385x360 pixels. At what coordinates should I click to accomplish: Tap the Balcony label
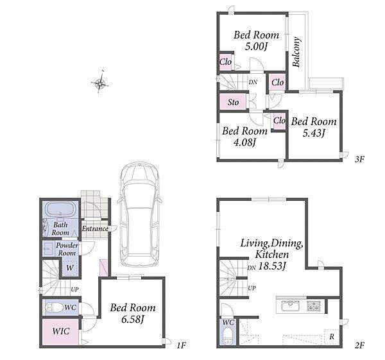point(296,52)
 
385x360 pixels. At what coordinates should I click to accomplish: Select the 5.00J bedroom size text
point(256,46)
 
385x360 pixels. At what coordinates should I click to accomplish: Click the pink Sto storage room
point(232,102)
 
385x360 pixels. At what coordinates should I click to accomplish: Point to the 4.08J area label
point(244,142)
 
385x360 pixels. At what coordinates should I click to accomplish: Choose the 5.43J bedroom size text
point(314,133)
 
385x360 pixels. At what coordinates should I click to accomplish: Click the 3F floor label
point(359,160)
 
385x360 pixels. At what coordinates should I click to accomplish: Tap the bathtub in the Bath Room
point(61,209)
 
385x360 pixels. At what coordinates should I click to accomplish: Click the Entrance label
point(95,228)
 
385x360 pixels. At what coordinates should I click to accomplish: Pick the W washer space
point(70,268)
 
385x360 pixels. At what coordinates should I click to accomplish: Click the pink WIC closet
point(60,332)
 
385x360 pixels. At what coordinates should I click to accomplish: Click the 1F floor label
point(181,345)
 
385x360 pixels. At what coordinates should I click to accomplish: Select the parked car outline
point(140,214)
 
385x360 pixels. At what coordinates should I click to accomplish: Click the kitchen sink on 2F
point(291,306)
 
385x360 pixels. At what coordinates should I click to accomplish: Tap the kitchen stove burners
point(314,306)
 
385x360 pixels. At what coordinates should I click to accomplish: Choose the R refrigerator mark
point(332,337)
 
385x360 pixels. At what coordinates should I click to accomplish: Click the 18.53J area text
point(272,266)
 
